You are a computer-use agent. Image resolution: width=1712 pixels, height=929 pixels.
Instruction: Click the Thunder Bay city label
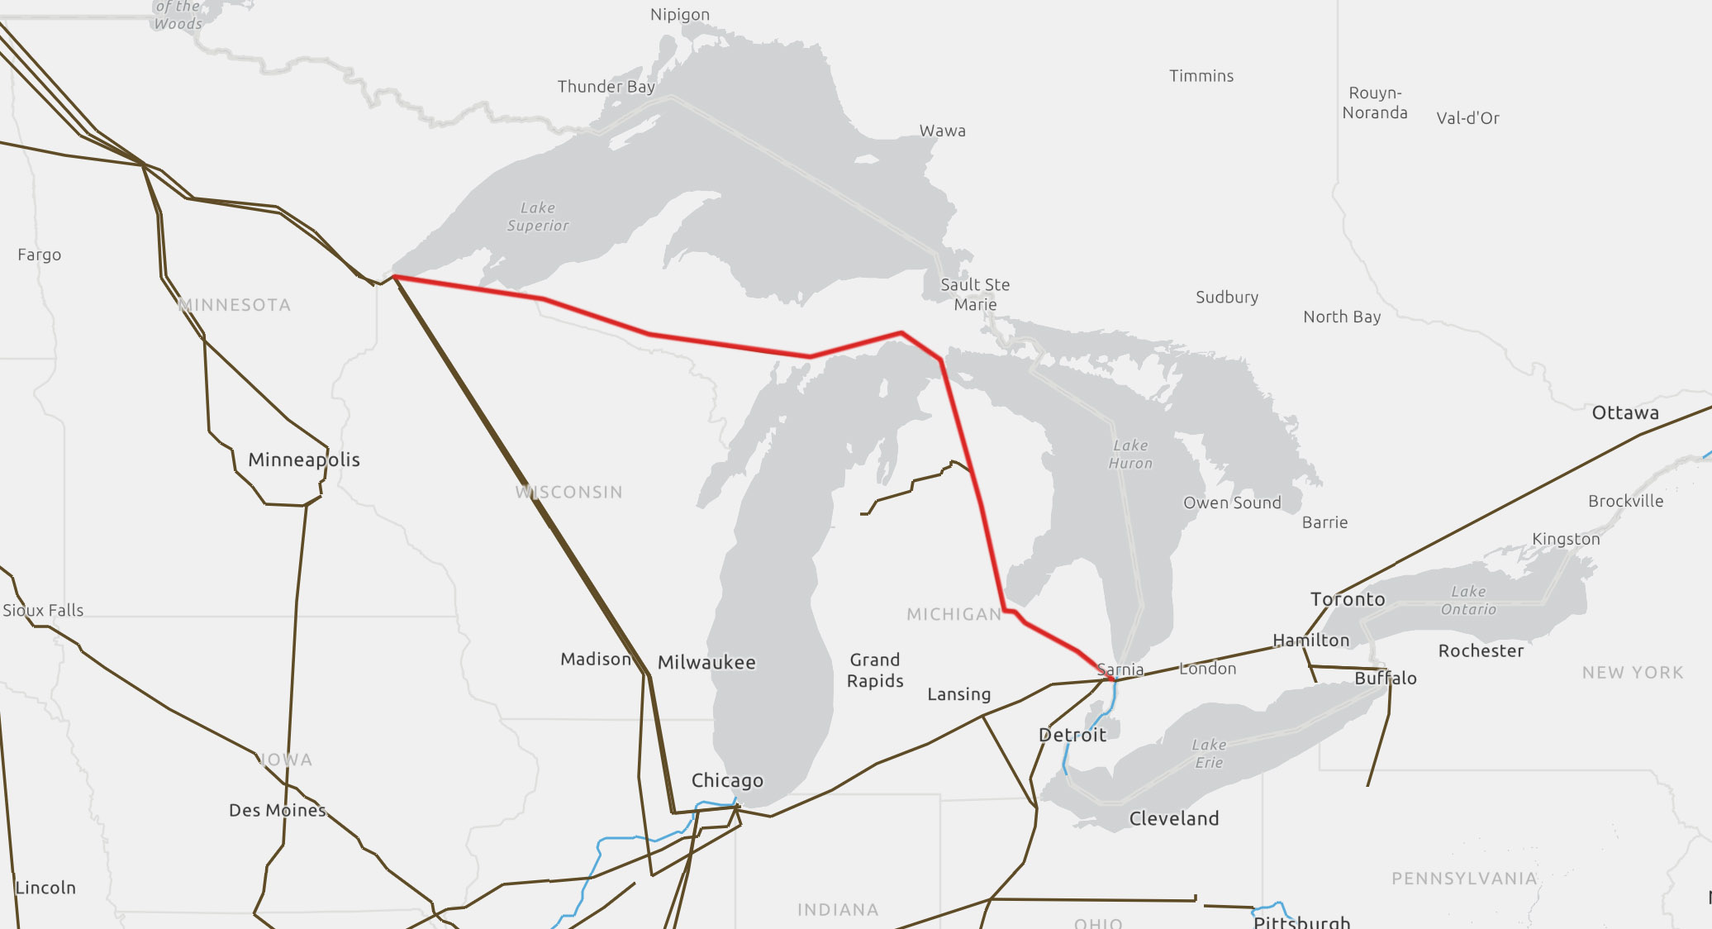coord(606,87)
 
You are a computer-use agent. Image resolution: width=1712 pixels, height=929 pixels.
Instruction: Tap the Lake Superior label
coord(538,217)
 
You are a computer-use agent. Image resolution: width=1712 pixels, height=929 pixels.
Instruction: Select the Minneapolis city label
coord(304,460)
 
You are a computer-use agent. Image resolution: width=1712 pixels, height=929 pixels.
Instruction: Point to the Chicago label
coord(727,780)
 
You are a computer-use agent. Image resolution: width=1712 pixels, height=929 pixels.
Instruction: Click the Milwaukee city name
coord(706,662)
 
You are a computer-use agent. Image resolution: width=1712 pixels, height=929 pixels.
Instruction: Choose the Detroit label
coord(1072,735)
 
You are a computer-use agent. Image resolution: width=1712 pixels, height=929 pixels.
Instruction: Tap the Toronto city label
coord(1347,599)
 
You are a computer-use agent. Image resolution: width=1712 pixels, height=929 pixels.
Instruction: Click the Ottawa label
coord(1625,412)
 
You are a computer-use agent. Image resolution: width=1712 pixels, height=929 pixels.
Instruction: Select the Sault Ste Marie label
coord(975,294)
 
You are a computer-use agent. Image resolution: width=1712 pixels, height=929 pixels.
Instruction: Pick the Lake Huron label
coord(1130,455)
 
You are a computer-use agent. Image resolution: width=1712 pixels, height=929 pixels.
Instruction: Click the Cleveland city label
coord(1173,818)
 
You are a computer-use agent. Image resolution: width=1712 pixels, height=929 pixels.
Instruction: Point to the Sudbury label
coord(1227,297)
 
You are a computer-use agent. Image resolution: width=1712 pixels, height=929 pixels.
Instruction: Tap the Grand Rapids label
coord(875,670)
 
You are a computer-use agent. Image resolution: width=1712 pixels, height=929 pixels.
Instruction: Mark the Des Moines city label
coord(277,810)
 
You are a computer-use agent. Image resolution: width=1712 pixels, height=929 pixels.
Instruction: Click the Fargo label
coord(40,255)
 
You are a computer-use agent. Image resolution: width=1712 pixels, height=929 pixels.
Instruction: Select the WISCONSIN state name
coord(568,492)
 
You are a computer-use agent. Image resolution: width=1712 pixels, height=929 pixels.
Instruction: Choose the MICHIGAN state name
coord(953,614)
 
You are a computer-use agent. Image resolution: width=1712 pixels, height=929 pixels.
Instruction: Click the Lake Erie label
coord(1208,753)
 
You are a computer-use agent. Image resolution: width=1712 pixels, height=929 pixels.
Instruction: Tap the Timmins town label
coord(1201,76)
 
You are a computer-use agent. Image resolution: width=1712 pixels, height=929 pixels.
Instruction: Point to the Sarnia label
coord(1120,669)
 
